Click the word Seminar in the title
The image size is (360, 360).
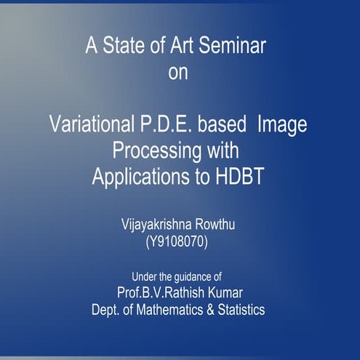232,47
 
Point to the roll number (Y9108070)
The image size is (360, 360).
177,242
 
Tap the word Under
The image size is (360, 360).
143,276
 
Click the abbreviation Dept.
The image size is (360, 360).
106,309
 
